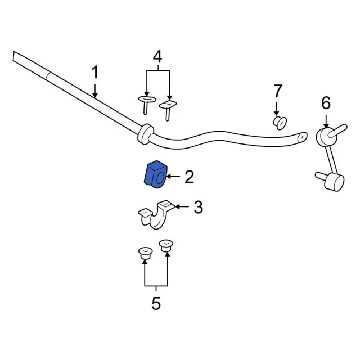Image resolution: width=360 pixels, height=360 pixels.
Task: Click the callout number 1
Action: tap(95, 72)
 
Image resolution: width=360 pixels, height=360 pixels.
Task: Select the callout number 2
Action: tap(190, 177)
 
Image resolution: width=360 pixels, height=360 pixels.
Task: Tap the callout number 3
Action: tap(199, 207)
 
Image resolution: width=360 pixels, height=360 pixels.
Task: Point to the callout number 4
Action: tap(157, 57)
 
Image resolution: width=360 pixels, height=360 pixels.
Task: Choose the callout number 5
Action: tap(156, 303)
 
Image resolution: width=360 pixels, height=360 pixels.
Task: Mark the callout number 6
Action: tap(326, 103)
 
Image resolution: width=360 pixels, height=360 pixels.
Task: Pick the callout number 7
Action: tap(277, 91)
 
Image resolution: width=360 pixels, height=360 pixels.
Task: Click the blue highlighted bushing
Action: tap(155, 174)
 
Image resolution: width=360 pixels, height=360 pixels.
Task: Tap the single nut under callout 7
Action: tap(280, 123)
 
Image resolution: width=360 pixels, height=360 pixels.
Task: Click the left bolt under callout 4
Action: tap(146, 105)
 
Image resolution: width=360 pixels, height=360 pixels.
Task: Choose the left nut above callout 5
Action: tap(145, 253)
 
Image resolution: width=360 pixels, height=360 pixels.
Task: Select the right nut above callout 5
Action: tap(166, 246)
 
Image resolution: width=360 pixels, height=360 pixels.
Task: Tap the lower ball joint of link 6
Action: tap(331, 181)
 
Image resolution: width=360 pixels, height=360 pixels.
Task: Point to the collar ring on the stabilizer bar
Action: tap(145, 134)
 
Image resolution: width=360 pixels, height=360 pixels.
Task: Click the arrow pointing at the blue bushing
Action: tap(173, 176)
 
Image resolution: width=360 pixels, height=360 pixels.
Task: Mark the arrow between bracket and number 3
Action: tap(182, 207)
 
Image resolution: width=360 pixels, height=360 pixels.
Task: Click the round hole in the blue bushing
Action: tap(160, 178)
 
